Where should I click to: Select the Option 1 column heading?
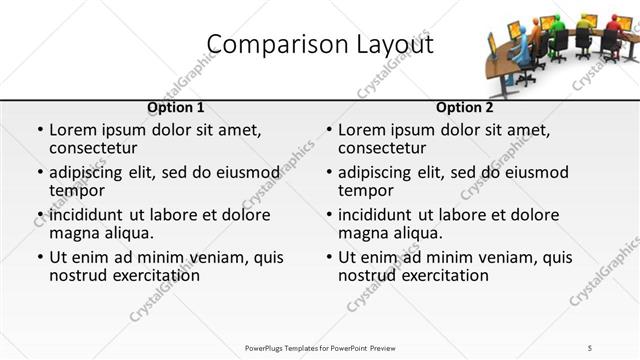pyautogui.click(x=175, y=107)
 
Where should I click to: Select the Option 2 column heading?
pyautogui.click(x=464, y=107)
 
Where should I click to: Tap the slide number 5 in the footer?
pyautogui.click(x=590, y=347)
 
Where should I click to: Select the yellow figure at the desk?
pyautogui.click(x=584, y=26)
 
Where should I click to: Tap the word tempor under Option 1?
pyautogui.click(x=77, y=190)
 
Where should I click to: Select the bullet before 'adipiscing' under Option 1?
pyautogui.click(x=39, y=173)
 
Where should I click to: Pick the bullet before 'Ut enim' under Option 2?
pyautogui.click(x=328, y=257)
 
